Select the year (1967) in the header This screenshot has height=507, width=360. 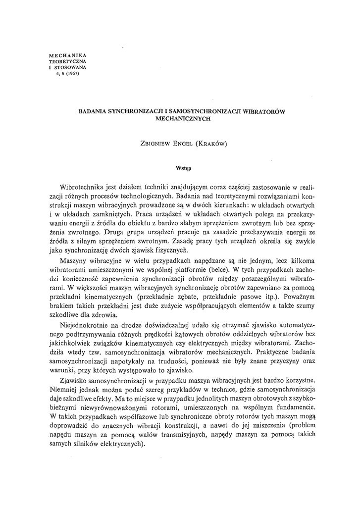(72, 74)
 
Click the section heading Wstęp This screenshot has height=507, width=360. (183, 168)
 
